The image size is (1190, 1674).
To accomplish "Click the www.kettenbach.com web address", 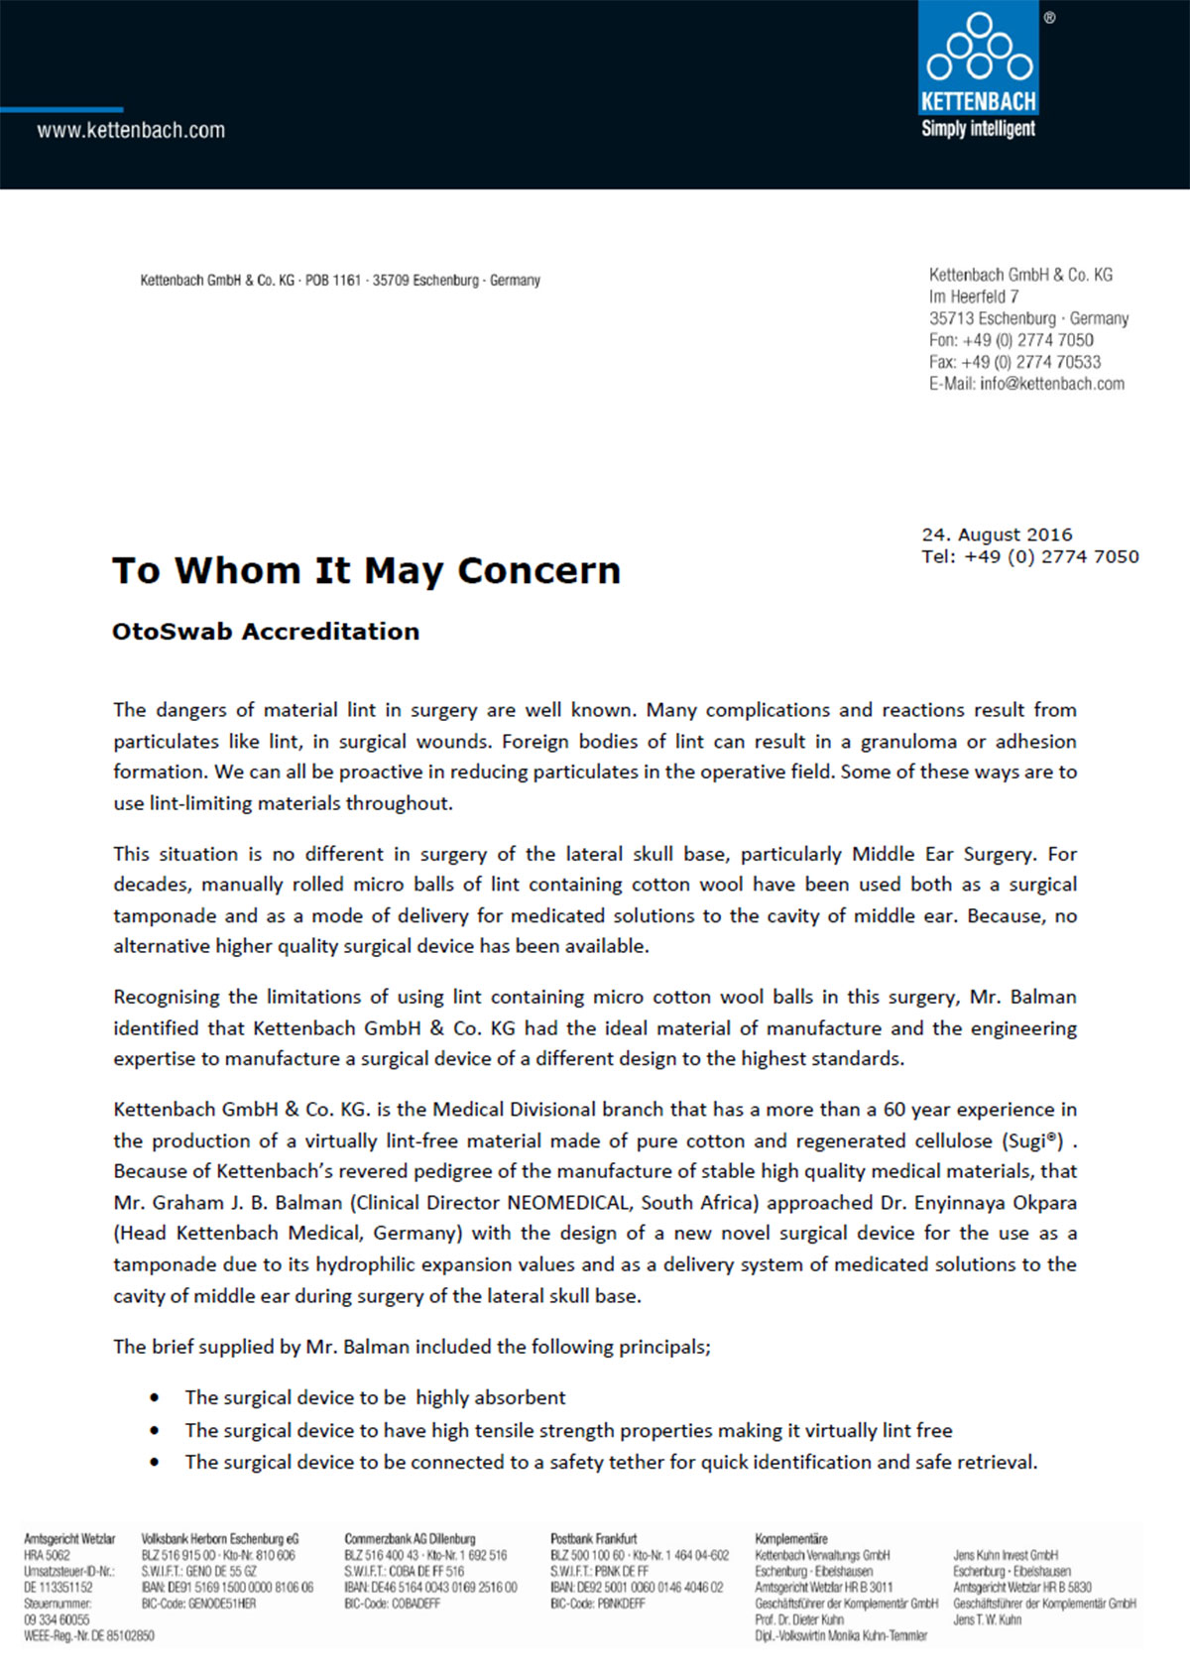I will pyautogui.click(x=131, y=130).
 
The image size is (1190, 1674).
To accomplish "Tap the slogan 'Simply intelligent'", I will pyautogui.click(x=978, y=129).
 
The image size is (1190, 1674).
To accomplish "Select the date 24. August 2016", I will pyautogui.click(x=997, y=535).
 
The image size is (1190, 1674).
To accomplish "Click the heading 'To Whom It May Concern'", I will pyautogui.click(x=366, y=571).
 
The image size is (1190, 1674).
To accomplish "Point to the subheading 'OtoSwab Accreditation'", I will pyautogui.click(x=266, y=632).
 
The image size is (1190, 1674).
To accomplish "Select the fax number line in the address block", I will pyautogui.click(x=1014, y=362).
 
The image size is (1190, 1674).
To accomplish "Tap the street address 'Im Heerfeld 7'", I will pyautogui.click(x=974, y=297).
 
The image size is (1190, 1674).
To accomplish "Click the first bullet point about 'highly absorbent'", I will pyautogui.click(x=375, y=1397).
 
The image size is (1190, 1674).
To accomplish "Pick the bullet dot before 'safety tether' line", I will pyautogui.click(x=155, y=1463).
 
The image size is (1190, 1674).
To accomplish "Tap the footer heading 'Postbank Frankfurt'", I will pyautogui.click(x=594, y=1539).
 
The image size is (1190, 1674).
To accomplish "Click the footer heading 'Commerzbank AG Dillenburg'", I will pyautogui.click(x=410, y=1539).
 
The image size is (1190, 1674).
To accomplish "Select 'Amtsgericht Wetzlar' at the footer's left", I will pyautogui.click(x=69, y=1539).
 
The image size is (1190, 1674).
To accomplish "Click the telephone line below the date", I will pyautogui.click(x=1029, y=557).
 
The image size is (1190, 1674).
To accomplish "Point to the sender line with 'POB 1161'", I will pyautogui.click(x=340, y=281).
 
